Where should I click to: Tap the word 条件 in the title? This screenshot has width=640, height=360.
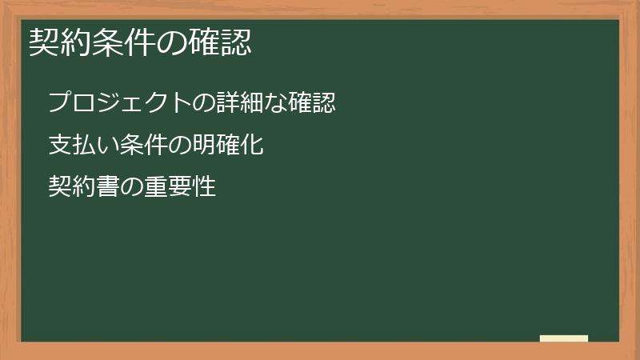coord(117,42)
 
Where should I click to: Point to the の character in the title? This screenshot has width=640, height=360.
coord(176,42)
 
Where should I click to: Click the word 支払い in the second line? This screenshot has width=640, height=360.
coord(83,146)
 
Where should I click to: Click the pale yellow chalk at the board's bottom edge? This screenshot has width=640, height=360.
coord(564,338)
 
